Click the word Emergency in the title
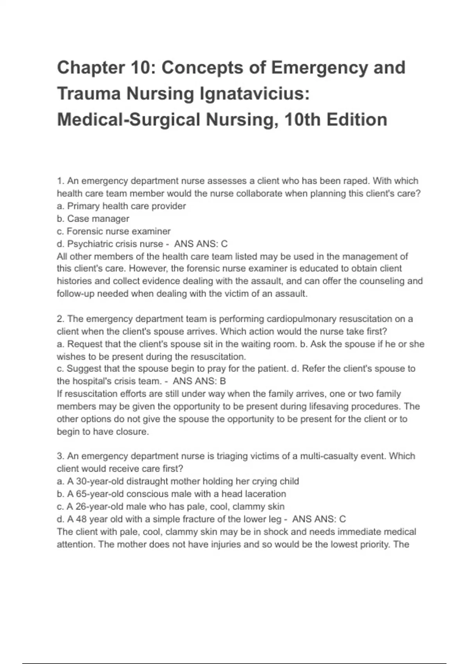[319, 68]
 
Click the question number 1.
[60, 181]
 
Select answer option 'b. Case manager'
[93, 219]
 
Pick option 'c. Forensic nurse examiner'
[114, 231]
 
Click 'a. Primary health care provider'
[121, 206]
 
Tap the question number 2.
[60, 319]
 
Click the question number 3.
[60, 456]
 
